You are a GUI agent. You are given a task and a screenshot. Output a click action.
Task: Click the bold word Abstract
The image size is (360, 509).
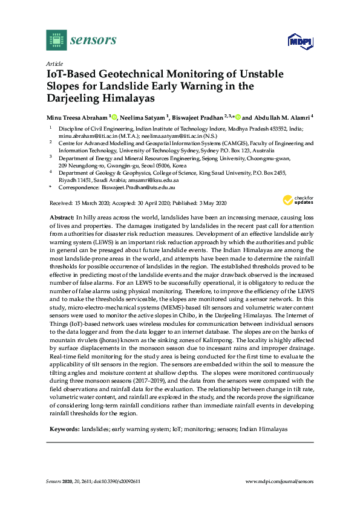61,216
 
